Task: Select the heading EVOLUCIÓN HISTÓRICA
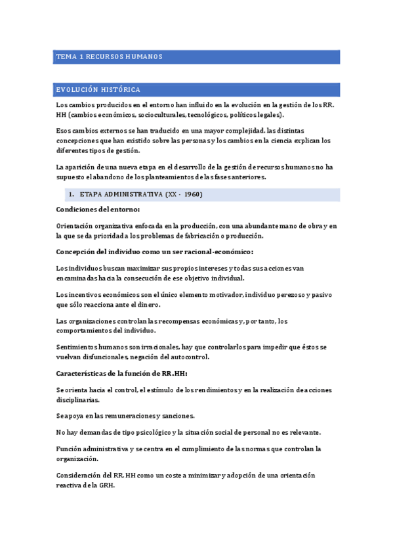98,89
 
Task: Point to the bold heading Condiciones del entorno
98,210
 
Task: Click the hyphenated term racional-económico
217,252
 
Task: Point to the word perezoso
286,294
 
